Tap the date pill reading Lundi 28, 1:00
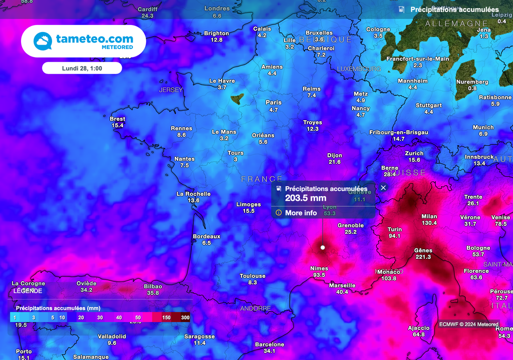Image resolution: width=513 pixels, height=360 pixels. tap(82, 68)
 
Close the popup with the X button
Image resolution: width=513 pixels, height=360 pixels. tap(383, 188)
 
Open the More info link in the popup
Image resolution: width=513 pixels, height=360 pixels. tap(301, 213)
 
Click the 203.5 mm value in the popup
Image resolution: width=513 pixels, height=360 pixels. tap(306, 198)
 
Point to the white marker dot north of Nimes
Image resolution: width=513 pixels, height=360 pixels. tap(323, 247)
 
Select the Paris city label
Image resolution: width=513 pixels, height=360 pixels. tap(274, 103)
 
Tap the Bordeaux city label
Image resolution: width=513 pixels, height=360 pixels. tap(206, 236)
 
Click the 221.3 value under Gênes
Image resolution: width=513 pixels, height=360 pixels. tap(423, 257)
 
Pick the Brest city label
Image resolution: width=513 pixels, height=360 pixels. tap(117, 119)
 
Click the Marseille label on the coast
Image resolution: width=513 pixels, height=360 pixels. tap(342, 285)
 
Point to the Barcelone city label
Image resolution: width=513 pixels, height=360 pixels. tap(270, 344)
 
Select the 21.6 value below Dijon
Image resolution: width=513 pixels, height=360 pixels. tap(335, 162)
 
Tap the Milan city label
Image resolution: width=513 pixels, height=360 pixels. tap(429, 216)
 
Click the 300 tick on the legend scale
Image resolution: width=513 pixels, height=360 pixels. tap(185, 318)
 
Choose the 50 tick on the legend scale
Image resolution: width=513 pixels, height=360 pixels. tap(138, 318)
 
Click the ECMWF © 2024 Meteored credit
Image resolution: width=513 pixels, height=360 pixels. tap(468, 324)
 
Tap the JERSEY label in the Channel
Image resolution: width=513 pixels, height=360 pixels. tap(171, 90)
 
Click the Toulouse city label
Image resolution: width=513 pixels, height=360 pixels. tap(252, 276)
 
